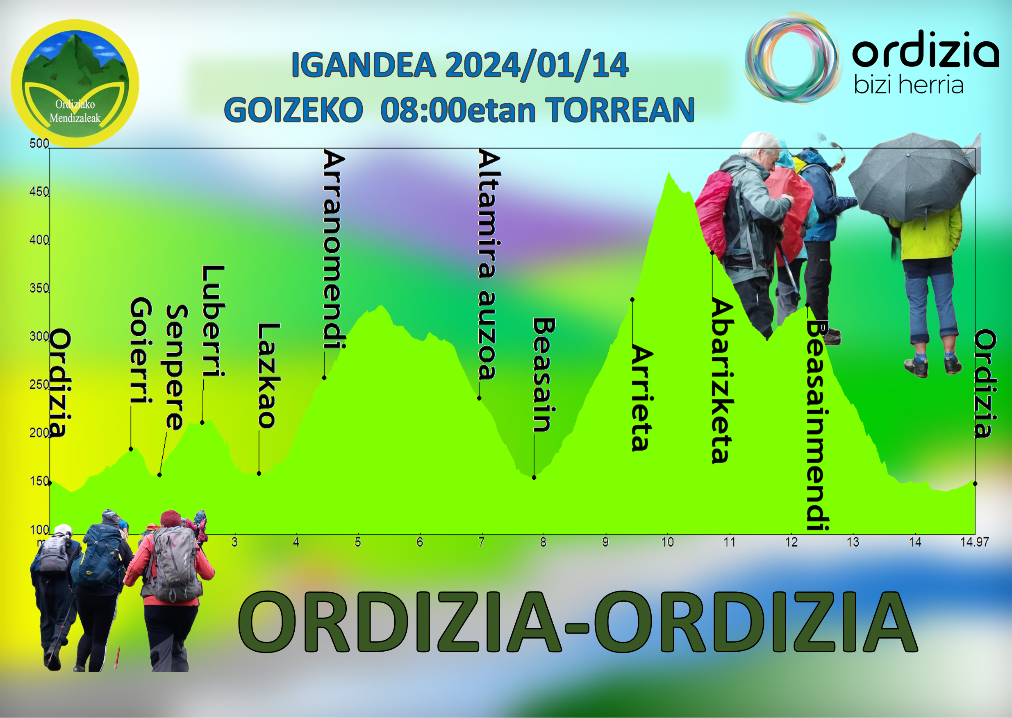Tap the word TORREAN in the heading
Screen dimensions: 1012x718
(x=619, y=110)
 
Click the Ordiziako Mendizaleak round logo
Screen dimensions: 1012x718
(x=75, y=83)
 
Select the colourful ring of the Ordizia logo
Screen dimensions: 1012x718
(x=793, y=58)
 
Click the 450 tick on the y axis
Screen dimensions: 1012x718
(x=39, y=192)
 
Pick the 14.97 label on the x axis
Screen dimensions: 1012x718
(x=974, y=542)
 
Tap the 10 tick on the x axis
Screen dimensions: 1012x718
(x=667, y=542)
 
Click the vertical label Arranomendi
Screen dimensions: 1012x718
(x=334, y=249)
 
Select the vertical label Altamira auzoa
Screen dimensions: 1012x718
(x=489, y=265)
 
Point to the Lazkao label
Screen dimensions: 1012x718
(x=268, y=375)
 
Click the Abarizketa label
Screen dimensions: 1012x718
(x=722, y=381)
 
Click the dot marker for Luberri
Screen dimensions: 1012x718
(x=202, y=423)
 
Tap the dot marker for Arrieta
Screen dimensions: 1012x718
(x=632, y=300)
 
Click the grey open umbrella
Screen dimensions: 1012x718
(x=912, y=177)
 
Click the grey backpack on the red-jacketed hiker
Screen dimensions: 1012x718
(x=175, y=564)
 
